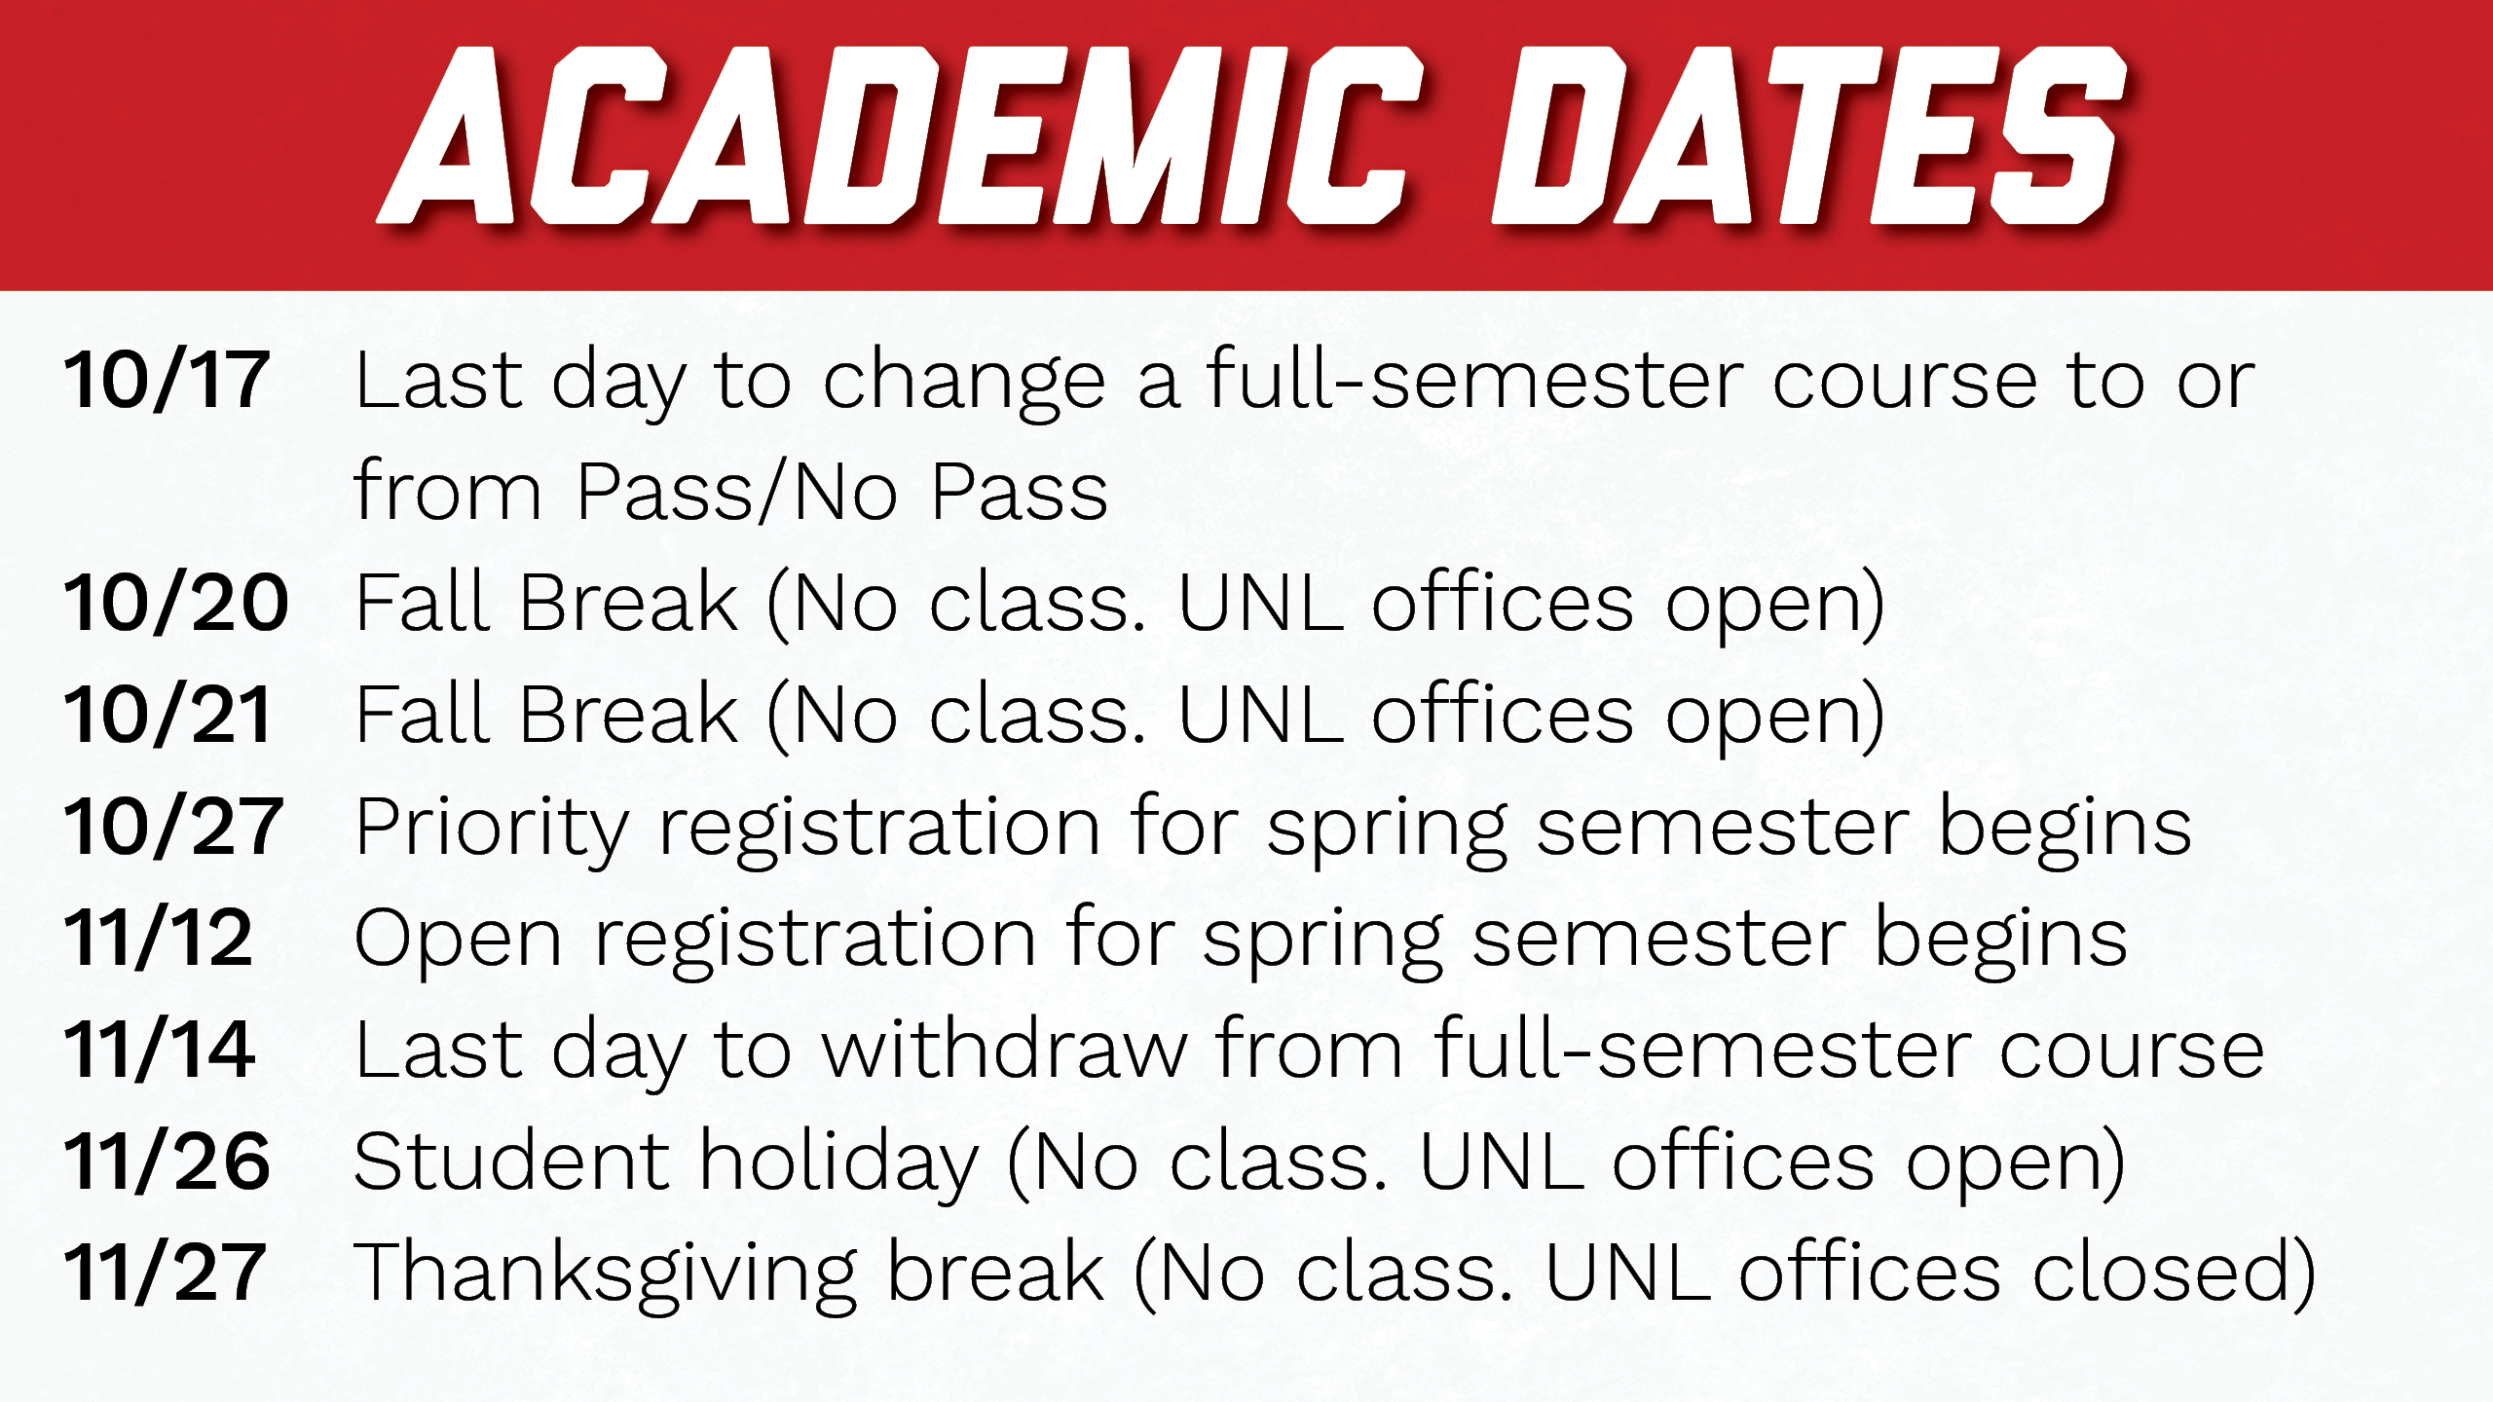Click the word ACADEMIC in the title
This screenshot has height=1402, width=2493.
point(901,135)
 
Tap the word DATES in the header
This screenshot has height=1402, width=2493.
point(1809,135)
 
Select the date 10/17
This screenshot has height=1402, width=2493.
point(167,380)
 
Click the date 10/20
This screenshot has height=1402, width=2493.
point(176,603)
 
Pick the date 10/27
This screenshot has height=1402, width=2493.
point(173,827)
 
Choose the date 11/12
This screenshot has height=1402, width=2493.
point(158,938)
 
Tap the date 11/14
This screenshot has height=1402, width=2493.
point(160,1050)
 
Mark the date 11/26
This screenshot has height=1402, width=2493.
point(167,1162)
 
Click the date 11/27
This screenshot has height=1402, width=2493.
point(165,1273)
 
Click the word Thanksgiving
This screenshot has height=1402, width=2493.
point(605,1276)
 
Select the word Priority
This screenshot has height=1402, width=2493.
point(493,830)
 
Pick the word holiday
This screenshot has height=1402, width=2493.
point(839,1164)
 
